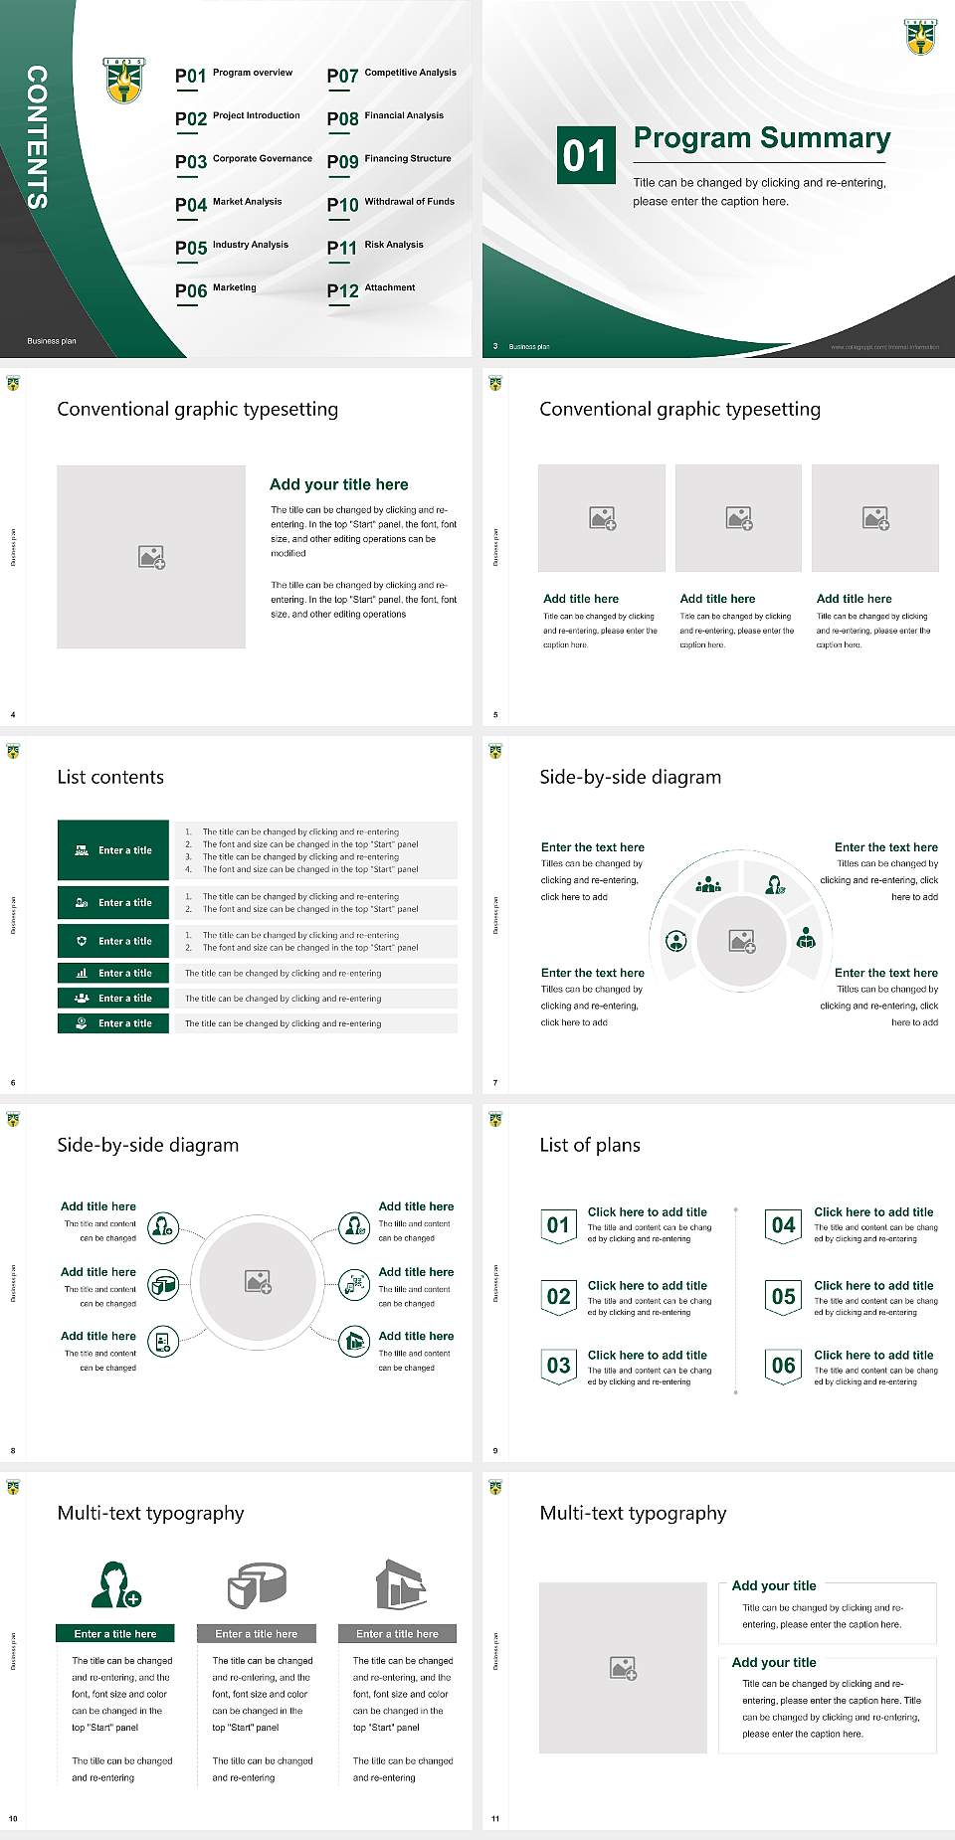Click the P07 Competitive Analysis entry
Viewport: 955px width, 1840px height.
(x=391, y=75)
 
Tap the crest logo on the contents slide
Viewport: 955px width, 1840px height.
(x=124, y=80)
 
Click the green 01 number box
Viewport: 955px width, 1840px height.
(x=585, y=155)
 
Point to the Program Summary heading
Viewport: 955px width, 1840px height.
(x=761, y=138)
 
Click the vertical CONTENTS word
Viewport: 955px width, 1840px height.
(x=37, y=136)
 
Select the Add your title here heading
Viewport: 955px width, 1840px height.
(x=338, y=484)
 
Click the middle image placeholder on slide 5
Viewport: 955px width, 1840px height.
(x=738, y=518)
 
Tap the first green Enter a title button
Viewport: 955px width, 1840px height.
(x=113, y=850)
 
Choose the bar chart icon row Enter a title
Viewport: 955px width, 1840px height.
(x=113, y=973)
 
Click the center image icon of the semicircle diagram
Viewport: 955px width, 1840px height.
(x=742, y=941)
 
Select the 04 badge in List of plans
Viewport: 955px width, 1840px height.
(x=784, y=1226)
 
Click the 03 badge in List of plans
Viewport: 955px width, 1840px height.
(x=558, y=1367)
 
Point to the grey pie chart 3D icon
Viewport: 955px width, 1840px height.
(x=257, y=1584)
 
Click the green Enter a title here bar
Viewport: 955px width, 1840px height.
(x=115, y=1633)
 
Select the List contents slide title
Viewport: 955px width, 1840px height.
(x=110, y=777)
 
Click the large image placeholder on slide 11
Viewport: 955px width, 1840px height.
(x=623, y=1668)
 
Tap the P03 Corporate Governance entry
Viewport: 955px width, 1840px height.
(x=244, y=161)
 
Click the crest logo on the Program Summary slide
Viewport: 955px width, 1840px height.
(x=920, y=36)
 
